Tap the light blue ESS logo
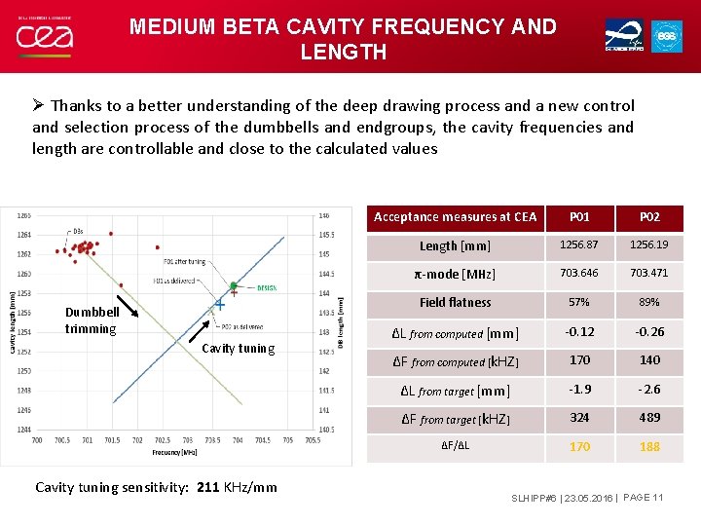(666, 35)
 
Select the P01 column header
(579, 217)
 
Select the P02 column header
(649, 217)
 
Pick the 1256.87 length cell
(579, 246)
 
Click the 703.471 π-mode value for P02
(649, 275)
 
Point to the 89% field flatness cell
(649, 303)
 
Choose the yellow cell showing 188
(649, 447)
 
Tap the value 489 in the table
(649, 418)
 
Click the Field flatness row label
(455, 303)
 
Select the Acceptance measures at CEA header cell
(455, 217)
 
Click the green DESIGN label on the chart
(267, 287)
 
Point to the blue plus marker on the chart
(220, 306)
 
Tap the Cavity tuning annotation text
(238, 349)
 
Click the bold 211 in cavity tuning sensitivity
(208, 487)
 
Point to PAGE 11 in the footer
(641, 499)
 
